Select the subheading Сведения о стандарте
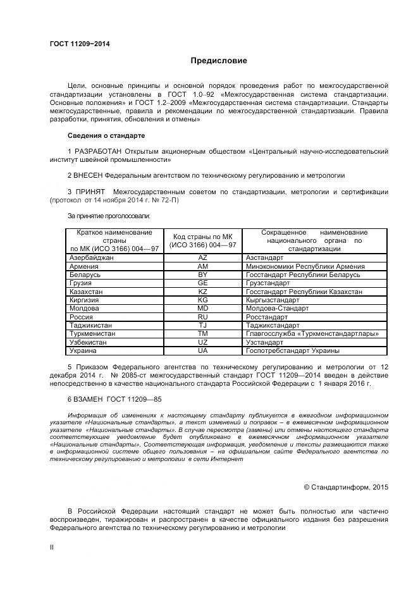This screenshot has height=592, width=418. pos(106,136)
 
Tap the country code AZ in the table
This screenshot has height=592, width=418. pos(202,258)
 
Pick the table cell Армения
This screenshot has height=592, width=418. pos(83,267)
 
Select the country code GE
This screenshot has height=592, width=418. pos(202,283)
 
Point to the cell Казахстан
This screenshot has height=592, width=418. pos(87,292)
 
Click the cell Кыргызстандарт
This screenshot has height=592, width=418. pos(276,300)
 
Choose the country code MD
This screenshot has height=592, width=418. pos(202,308)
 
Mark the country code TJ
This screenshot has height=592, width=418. pos(202,325)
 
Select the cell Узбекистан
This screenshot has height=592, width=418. pos(88,342)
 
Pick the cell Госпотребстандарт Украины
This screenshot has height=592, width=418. pos(292,350)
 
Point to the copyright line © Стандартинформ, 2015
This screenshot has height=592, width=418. pos(346,487)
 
